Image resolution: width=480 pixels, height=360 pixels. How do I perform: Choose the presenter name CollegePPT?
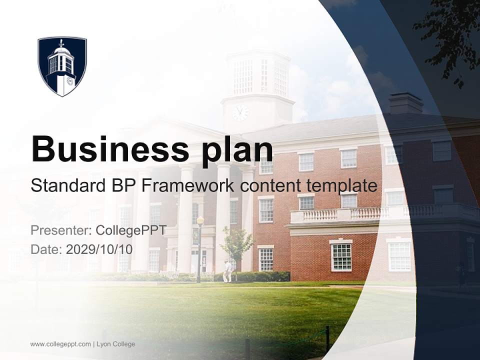pyautogui.click(x=131, y=230)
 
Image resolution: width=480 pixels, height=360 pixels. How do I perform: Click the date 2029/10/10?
pyautogui.click(x=99, y=249)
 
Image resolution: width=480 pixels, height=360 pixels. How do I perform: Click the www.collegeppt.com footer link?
pyautogui.click(x=60, y=344)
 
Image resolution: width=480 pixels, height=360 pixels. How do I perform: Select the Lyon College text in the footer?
pyautogui.click(x=116, y=344)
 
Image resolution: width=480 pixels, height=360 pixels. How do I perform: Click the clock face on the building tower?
pyautogui.click(x=240, y=112)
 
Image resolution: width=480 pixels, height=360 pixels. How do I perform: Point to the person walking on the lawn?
pyautogui.click(x=227, y=271)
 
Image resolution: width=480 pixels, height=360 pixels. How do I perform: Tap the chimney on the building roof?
pyautogui.click(x=405, y=103)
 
